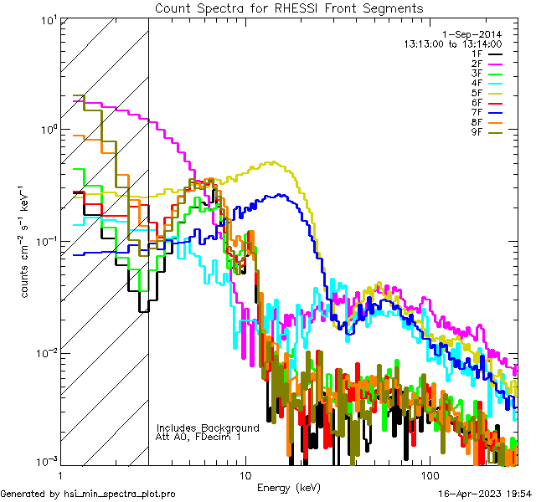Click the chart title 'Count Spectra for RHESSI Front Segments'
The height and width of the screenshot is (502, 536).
[289, 8]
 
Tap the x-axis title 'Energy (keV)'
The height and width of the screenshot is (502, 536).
[288, 487]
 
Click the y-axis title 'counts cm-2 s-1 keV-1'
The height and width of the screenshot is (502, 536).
[26, 241]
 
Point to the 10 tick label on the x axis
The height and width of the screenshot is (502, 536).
[245, 474]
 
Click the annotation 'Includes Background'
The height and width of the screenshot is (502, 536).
[208, 428]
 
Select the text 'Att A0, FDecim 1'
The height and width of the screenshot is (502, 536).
[198, 437]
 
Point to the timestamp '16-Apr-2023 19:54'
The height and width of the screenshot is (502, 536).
[485, 494]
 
